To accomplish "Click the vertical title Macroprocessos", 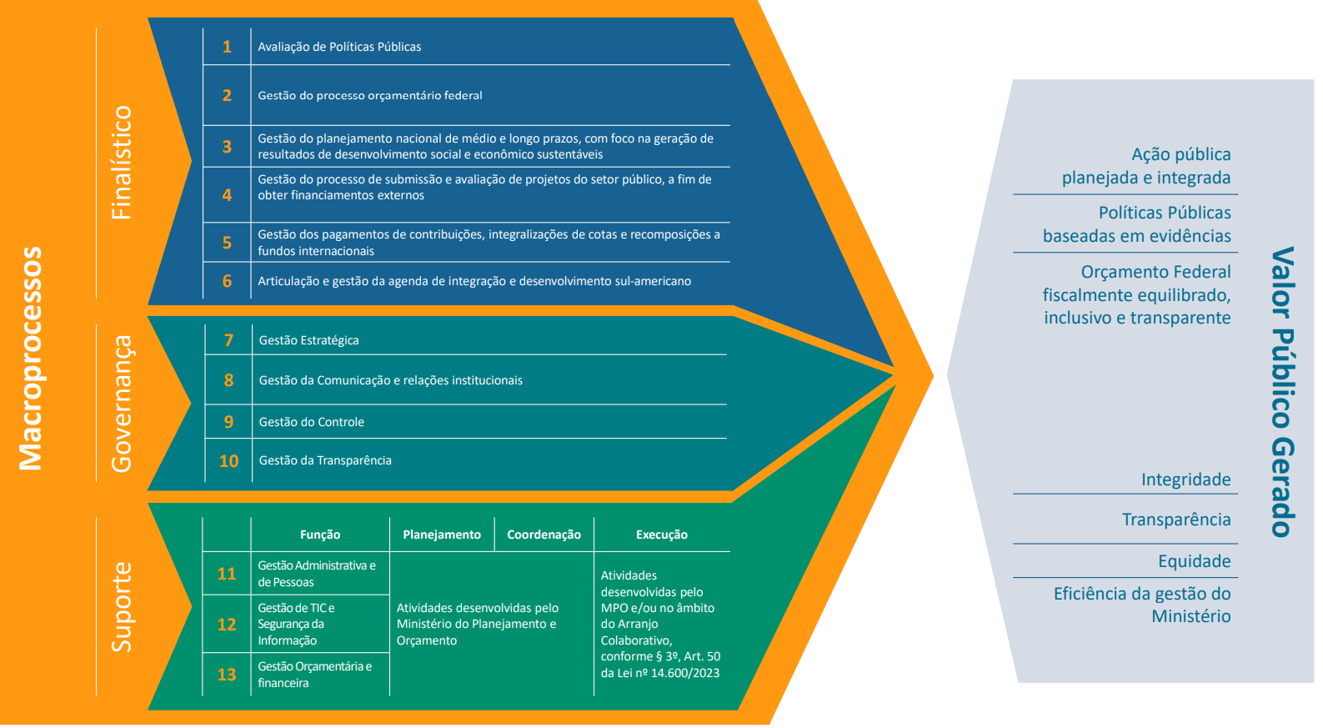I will coord(31,359).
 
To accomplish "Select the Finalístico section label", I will coord(122,163).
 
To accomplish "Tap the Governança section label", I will coord(122,404).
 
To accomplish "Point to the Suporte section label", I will coord(122,606).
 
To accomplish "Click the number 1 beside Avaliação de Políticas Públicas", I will coord(227,47).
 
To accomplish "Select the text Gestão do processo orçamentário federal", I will coord(369,95).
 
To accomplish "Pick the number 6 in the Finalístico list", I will coord(227,281).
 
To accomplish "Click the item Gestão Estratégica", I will coord(308,340).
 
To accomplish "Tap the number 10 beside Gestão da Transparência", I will coord(228,461).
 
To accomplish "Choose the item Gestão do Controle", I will coord(311,422).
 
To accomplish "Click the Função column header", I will coord(320,535).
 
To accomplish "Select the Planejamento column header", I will coord(442,535).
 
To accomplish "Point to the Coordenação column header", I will coord(544,535).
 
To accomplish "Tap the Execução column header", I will coord(662,535).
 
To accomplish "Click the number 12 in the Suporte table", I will coord(227,625).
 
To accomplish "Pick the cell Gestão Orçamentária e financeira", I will coord(314,675).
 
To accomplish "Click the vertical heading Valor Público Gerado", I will coord(1282,392).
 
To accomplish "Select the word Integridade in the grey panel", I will coord(1185,479).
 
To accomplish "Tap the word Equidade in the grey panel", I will coord(1194,561).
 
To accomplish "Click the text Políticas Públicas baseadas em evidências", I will coord(1137,224).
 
